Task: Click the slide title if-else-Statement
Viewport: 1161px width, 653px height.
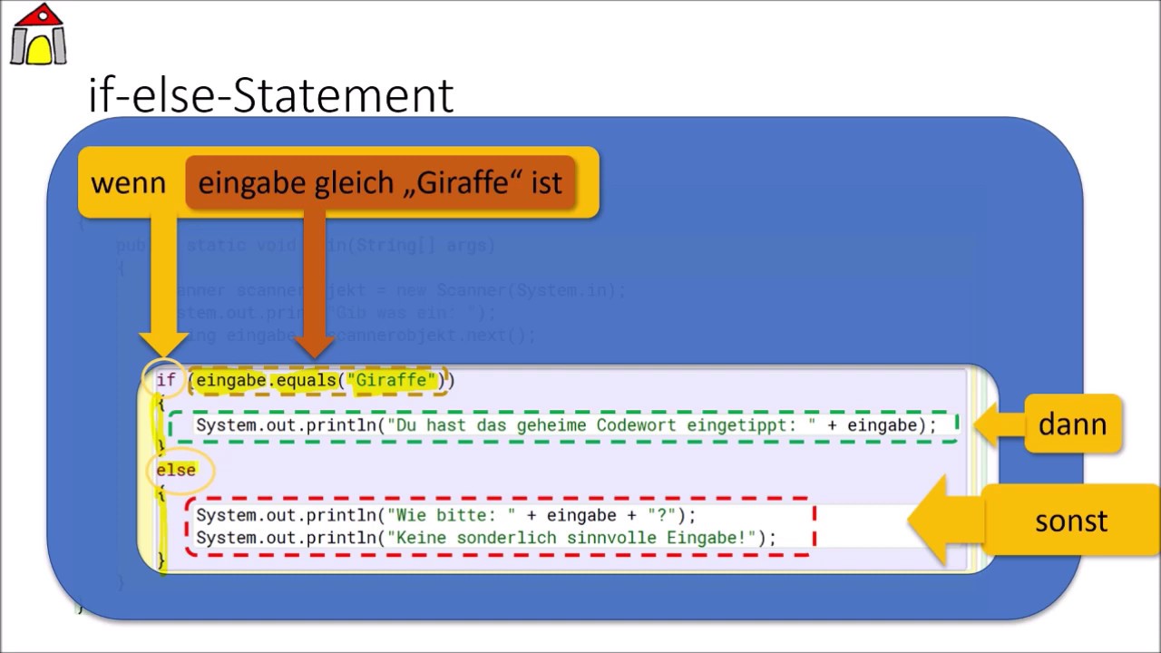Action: point(270,95)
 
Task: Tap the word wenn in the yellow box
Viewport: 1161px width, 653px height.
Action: point(128,183)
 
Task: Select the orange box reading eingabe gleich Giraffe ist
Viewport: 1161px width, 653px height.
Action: point(380,183)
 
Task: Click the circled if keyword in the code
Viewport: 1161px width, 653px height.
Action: point(165,380)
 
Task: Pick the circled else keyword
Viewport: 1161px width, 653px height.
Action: point(176,470)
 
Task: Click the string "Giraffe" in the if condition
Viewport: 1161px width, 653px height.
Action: point(395,380)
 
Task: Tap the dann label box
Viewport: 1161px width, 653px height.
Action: point(1072,424)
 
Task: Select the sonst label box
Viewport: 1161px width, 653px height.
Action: point(1071,521)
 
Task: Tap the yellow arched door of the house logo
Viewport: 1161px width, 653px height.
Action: point(39,49)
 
